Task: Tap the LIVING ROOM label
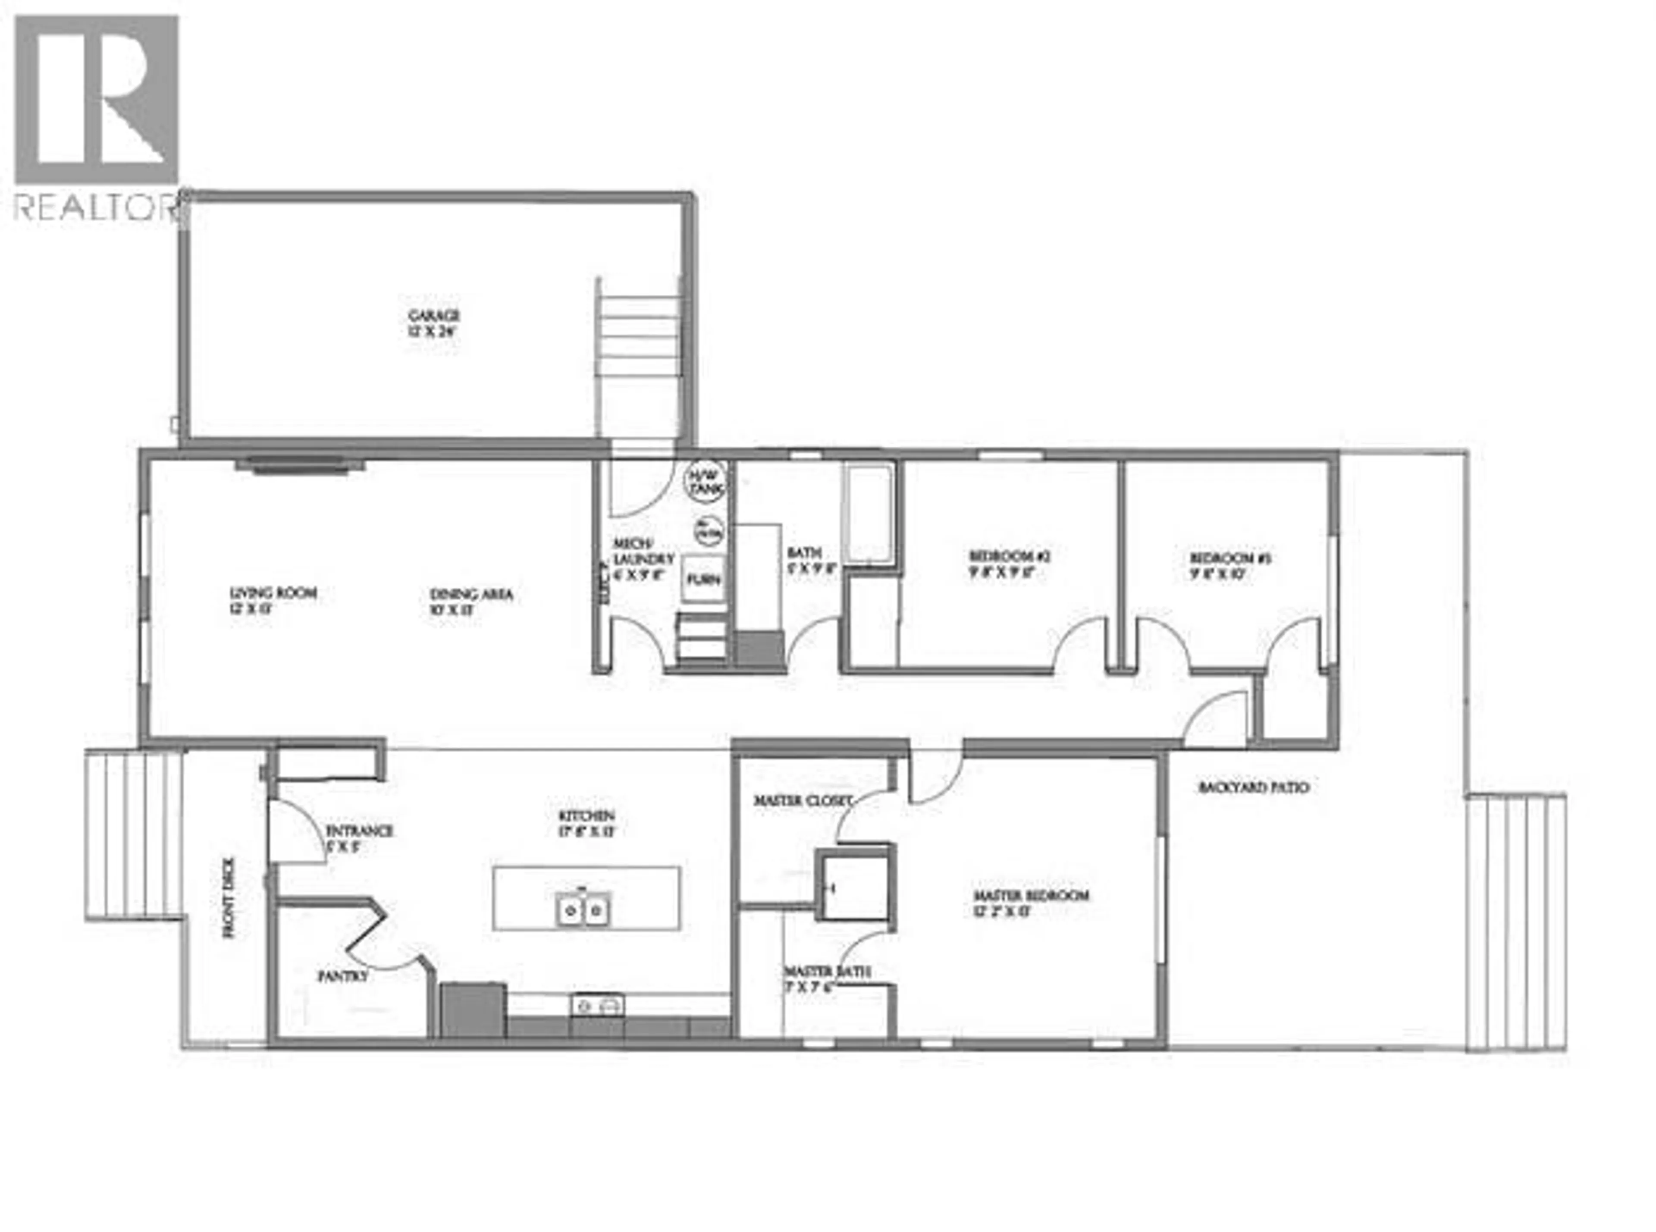(273, 594)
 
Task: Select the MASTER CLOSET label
(802, 801)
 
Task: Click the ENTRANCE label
(359, 831)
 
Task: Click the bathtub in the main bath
(868, 514)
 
